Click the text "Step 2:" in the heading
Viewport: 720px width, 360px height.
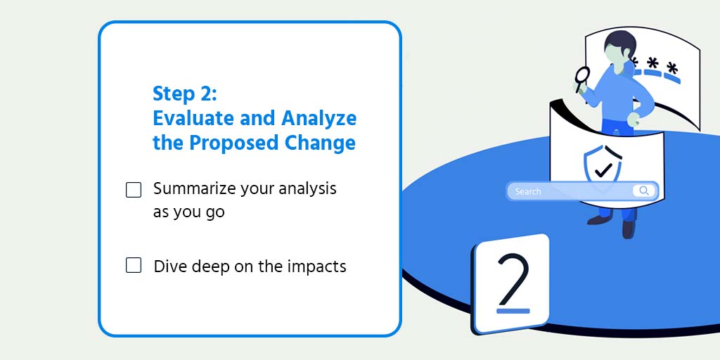click(x=186, y=94)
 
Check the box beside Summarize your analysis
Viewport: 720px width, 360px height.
click(x=134, y=190)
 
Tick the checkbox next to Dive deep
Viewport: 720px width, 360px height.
click(x=134, y=266)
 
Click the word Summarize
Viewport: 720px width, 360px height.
click(x=195, y=189)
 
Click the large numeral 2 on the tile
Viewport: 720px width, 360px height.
click(x=513, y=278)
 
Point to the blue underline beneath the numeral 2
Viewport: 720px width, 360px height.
click(x=513, y=310)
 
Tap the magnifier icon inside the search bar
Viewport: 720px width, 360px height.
click(x=643, y=191)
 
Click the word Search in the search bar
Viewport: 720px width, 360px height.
click(x=528, y=191)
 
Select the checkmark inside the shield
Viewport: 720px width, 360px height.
click(x=603, y=169)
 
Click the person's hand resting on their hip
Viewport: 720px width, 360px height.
click(x=634, y=118)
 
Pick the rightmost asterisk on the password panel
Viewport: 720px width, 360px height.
click(x=673, y=69)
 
